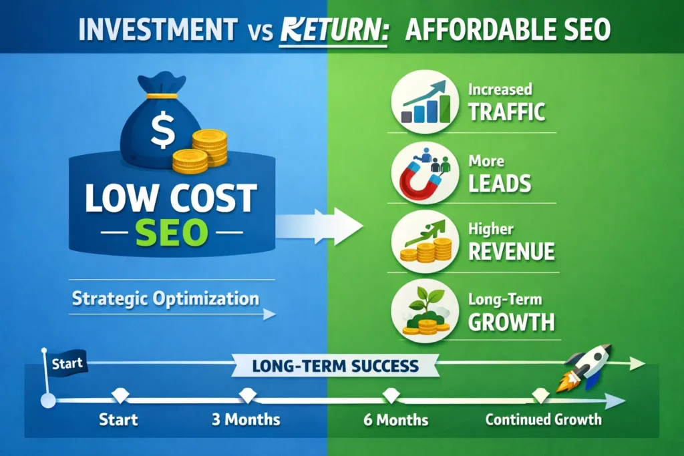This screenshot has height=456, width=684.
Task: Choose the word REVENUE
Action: pos(511,251)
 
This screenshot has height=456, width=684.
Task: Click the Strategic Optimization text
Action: pos(165,298)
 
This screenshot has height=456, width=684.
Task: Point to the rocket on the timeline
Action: pos(587,367)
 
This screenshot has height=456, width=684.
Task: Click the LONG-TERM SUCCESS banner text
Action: pos(336,366)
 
